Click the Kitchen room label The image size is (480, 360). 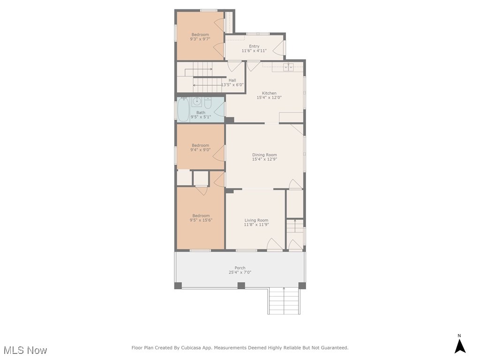click(269, 93)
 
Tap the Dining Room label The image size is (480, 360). click(264, 155)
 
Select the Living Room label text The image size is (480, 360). click(256, 220)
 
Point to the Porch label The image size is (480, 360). click(240, 268)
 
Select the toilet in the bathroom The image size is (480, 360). click(208, 103)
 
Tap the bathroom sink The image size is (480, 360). click(197, 101)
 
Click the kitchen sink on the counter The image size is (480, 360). click(288, 67)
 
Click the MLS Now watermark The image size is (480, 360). click(25, 350)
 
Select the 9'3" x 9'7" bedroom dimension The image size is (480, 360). click(200, 39)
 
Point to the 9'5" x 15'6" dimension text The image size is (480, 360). click(201, 220)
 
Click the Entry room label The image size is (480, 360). click(254, 46)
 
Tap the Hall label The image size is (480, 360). click(232, 80)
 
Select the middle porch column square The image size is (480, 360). click(241, 285)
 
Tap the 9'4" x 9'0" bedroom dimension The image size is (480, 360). click(200, 150)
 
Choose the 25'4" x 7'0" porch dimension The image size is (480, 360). click(240, 272)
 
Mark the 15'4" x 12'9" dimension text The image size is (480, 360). click(264, 159)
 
